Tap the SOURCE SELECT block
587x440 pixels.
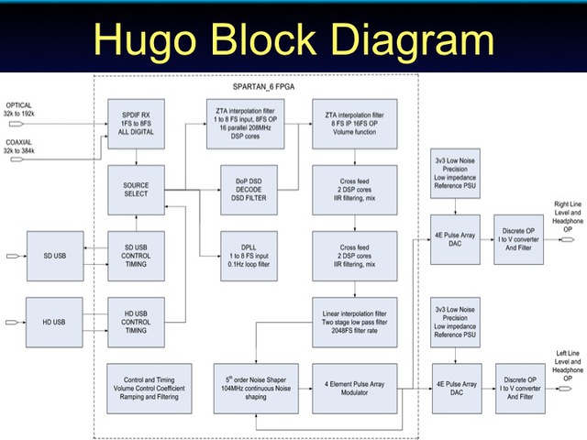(136, 191)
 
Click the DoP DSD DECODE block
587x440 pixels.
(243, 191)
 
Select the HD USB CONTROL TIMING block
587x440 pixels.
(136, 323)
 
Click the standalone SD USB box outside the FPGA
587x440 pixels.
(54, 254)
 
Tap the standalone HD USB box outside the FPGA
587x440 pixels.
(54, 323)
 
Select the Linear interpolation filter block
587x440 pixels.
(354, 323)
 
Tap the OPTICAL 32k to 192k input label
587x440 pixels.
(19, 110)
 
